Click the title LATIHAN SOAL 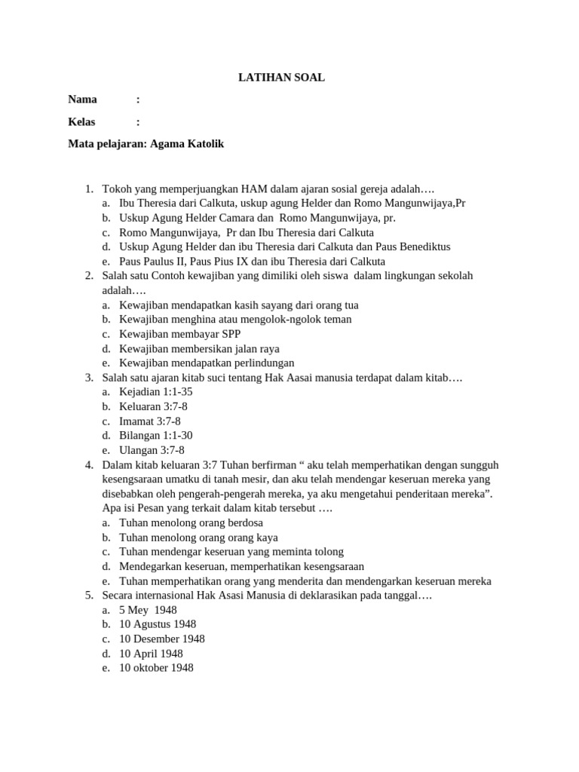point(282,77)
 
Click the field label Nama point(82,100)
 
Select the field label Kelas point(82,121)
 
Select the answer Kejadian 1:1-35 point(156,392)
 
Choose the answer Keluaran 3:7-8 point(154,406)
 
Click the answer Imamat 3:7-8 point(150,421)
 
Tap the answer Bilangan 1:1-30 point(156,435)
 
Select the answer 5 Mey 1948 point(148,610)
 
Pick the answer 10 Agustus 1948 point(158,624)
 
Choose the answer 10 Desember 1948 point(162,639)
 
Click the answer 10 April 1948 point(151,654)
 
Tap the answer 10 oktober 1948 point(156,668)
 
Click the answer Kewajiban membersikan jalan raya point(199,348)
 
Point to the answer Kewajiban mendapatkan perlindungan point(207,363)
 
